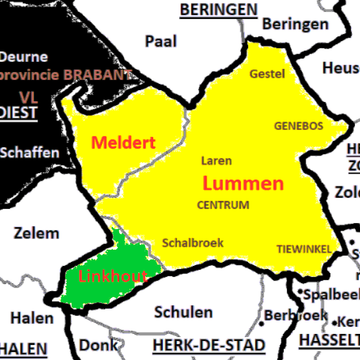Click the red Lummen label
point(243,184)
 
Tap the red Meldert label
point(123,143)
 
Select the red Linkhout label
point(112,276)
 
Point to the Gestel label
point(268,74)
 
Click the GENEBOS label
point(299,126)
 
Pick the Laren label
point(216,161)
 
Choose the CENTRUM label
point(223,205)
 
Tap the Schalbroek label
point(193,243)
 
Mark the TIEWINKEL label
point(304,249)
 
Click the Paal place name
point(161,41)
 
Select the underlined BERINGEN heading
point(219,9)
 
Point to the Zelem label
point(36,233)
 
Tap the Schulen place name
point(184,312)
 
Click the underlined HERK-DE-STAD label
point(209,346)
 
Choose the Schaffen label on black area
point(29,153)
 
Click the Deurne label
point(23,57)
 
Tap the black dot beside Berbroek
point(261,324)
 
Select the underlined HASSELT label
point(329,340)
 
